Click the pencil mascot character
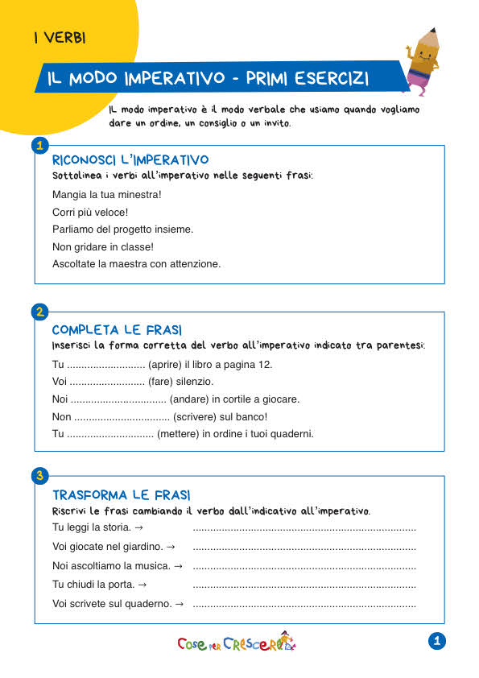424,58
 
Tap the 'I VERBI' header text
60,38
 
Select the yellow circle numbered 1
38,145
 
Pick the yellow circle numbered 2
38,311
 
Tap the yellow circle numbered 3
38,476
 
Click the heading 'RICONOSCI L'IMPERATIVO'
130,160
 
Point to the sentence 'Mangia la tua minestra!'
106,195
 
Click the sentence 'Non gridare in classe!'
102,246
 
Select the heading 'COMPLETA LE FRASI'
117,330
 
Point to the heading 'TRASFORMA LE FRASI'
121,494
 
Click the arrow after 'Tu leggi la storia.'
139,527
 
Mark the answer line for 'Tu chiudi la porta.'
304,585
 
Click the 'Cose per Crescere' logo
236,643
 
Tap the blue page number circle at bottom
437,641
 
